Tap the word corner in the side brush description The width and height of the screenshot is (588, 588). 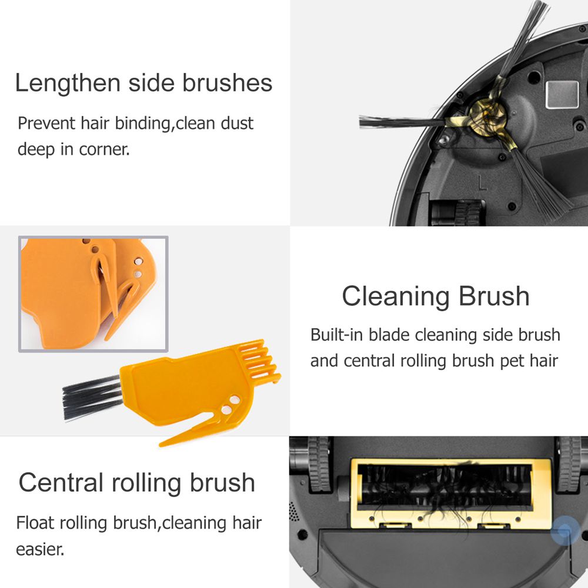(104, 149)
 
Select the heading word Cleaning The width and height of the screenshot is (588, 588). (395, 297)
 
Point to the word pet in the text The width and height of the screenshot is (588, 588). (512, 361)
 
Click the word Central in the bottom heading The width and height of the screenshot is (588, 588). (61, 482)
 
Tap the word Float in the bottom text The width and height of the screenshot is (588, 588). (35, 522)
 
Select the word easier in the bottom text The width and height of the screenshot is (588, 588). (40, 549)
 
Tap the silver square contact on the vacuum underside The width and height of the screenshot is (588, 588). (562, 95)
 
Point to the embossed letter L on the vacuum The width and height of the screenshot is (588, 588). (482, 182)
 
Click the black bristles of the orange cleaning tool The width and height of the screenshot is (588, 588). (92, 397)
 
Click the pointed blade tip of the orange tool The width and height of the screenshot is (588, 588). (161, 445)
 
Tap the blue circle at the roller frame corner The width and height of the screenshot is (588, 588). (565, 530)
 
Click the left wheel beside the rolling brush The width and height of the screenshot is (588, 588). (319, 465)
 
